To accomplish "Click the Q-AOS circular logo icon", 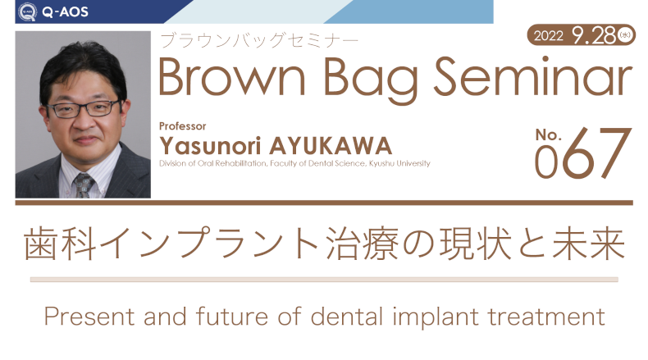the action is point(28,11).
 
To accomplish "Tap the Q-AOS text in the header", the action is point(66,11).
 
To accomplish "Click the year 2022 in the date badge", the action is point(549,36).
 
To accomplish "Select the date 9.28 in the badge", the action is point(595,35).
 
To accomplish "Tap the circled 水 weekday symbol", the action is point(625,35).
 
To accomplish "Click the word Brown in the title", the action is point(232,78).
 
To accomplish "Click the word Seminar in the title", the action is point(532,77).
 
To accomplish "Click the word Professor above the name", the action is point(183,126).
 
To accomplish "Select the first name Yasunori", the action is point(210,145).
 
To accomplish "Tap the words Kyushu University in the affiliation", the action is point(399,163).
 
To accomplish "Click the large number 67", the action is point(597,153).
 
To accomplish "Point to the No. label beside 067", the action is point(549,134).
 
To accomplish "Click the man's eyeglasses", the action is point(84,109).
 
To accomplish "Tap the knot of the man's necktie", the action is point(84,180).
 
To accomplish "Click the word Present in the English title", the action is point(89,317).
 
